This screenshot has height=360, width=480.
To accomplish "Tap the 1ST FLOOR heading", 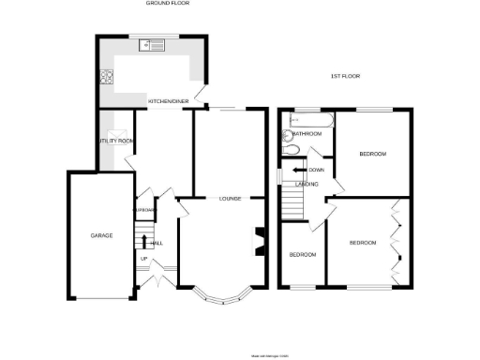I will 346,75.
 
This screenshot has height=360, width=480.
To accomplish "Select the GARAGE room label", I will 101,235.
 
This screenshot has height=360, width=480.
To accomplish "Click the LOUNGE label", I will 231,199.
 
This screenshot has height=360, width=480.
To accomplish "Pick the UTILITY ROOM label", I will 116,141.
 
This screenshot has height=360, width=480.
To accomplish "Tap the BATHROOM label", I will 307,134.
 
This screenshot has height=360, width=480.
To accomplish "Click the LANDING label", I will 307,184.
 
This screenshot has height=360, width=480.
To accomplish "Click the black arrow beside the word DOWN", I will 299,170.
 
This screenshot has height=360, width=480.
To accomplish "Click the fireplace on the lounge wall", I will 257,241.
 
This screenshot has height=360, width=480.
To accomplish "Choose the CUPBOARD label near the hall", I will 144,211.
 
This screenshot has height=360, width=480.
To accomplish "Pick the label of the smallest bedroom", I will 302,255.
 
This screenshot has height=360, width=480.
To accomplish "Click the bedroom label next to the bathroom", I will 373,154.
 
